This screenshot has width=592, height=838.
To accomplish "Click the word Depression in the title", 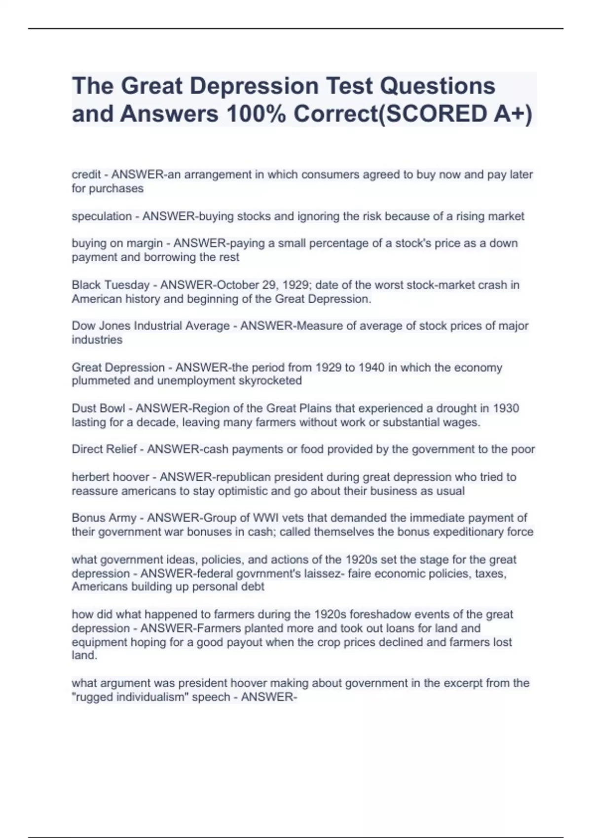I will pyautogui.click(x=254, y=86).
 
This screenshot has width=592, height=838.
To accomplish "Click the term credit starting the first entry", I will pyautogui.click(x=86, y=175).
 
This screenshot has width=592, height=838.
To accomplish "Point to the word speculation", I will pyautogui.click(x=102, y=216).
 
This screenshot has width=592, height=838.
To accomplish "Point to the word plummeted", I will pyautogui.click(x=98, y=381).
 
